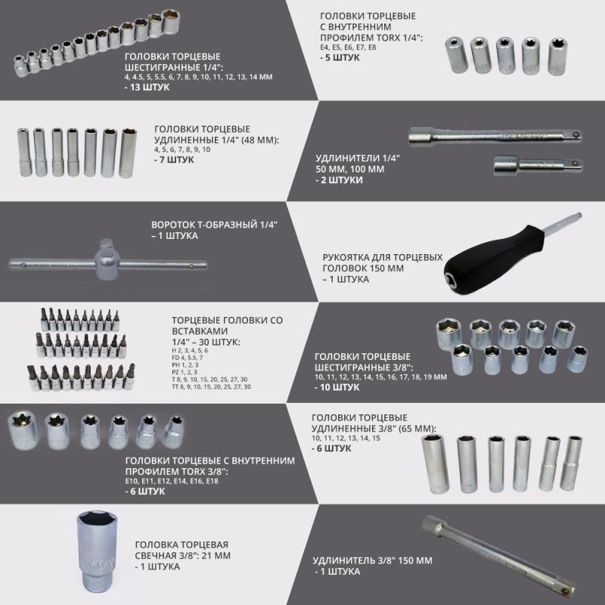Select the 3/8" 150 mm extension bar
coord(498,556)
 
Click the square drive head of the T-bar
coord(106,259)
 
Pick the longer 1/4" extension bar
coord(495,137)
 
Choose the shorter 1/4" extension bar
coord(538,166)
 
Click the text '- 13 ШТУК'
coord(147,87)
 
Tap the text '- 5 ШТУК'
coord(340,57)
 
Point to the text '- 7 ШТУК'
coord(174,160)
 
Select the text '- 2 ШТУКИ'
coord(339,180)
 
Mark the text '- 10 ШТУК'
coord(337,387)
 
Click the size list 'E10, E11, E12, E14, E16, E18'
coord(172,481)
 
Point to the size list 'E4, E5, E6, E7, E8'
coord(348,48)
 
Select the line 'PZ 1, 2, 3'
coord(185,372)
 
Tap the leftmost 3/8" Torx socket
coord(23,429)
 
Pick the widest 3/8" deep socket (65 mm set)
coord(436,464)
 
